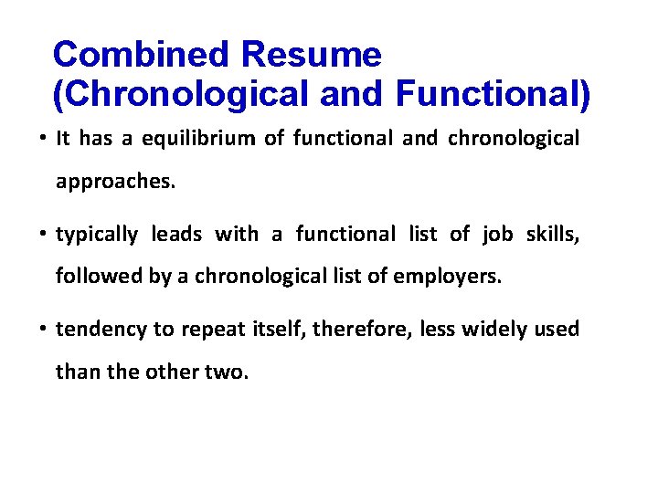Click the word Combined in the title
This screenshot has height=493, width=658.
click(142, 55)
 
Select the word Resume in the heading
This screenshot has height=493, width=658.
click(312, 55)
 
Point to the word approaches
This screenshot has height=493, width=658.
click(114, 181)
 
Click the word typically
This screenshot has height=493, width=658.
click(97, 235)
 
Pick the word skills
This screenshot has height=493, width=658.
click(552, 235)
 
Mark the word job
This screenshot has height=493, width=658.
click(497, 235)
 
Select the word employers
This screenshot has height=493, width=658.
click(447, 276)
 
